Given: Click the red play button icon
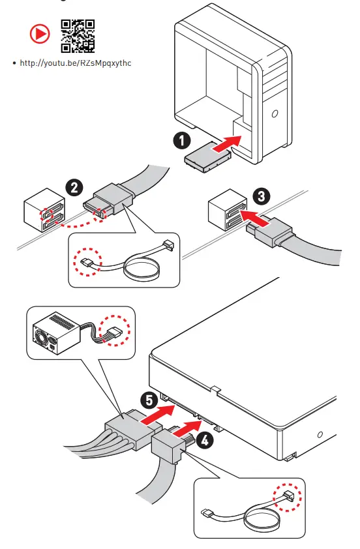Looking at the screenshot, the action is coord(40,34).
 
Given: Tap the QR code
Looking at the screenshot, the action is coord(78,36).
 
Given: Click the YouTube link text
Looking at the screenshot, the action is coord(76,63).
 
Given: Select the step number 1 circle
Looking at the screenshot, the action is coord(182,140).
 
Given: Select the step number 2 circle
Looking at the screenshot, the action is coord(74,187).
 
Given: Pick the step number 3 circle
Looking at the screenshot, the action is coord(262,196).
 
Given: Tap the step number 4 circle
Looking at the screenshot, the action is coord(205,440).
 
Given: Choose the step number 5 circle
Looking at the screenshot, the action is coord(149,400).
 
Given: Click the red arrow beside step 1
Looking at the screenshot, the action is coord(227,143).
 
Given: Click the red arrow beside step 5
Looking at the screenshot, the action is coord(158,414).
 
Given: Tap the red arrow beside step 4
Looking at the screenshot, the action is coord(187,428).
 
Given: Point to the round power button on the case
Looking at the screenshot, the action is coord(275,114).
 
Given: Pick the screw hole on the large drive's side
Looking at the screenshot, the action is coord(320,434).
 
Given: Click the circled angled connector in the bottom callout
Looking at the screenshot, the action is coord(287,496).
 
